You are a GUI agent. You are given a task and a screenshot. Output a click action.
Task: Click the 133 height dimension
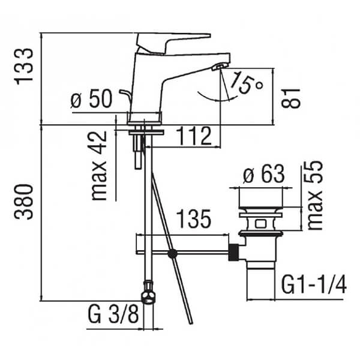coord(23,67)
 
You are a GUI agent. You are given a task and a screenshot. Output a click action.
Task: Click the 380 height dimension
coord(23,202)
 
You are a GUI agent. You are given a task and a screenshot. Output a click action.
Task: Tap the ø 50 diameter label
coord(91,99)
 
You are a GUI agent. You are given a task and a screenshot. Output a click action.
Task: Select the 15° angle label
coord(247,83)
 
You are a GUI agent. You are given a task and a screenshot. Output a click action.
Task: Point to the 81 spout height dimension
coord(290,98)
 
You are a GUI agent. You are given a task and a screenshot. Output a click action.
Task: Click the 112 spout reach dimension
coord(194,136)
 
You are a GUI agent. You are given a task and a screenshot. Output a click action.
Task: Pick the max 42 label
coord(99,166)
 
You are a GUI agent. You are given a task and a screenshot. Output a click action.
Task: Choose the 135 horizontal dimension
coord(194,219)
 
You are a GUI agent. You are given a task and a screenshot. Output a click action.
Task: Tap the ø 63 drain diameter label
coord(264,174)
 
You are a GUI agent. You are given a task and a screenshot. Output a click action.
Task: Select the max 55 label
coord(315,196)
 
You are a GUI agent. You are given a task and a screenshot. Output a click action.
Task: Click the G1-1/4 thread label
coord(314,284)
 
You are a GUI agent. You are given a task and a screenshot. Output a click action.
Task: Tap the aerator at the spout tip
coord(220,67)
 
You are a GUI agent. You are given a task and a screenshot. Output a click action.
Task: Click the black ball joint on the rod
coord(172,253)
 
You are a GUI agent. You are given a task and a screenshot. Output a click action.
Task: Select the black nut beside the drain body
coord(234,253)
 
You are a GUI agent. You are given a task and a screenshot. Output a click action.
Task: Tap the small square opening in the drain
coord(260,224)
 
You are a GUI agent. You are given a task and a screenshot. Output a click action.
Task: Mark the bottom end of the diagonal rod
coord(191,323)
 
